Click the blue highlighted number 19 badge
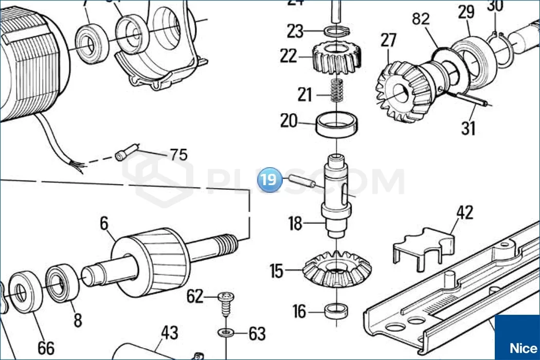pyautogui.click(x=271, y=179)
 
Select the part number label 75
pyautogui.click(x=178, y=154)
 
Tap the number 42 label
pyautogui.click(x=465, y=212)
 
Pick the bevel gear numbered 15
pyautogui.click(x=337, y=269)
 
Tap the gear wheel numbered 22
pyautogui.click(x=335, y=58)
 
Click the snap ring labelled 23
pyautogui.click(x=336, y=31)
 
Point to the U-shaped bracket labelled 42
pyautogui.click(x=424, y=248)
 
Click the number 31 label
pyautogui.click(x=468, y=128)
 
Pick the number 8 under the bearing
pyautogui.click(x=78, y=320)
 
